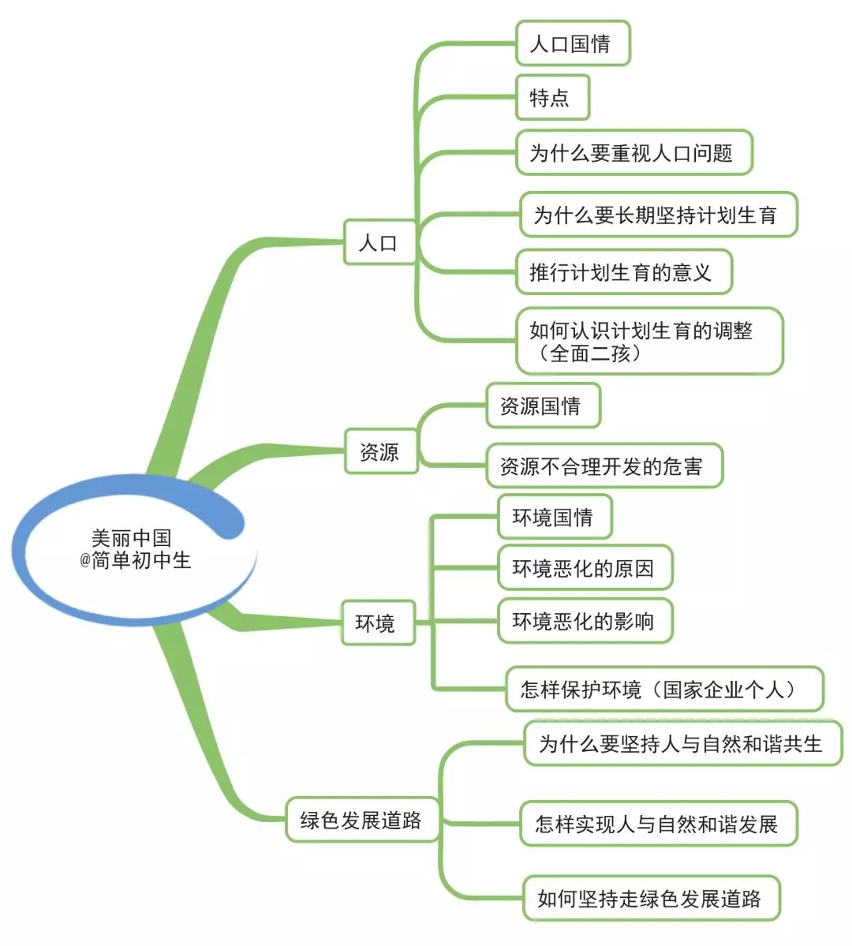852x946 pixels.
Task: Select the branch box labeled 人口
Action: [x=379, y=242]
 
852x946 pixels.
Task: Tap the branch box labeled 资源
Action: [x=380, y=451]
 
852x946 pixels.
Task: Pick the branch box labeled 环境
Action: [x=377, y=623]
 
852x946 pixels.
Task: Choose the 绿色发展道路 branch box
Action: [x=361, y=820]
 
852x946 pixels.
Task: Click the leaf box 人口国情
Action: [x=572, y=43]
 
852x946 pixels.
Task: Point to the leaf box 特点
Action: [x=551, y=98]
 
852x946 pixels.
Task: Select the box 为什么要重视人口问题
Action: [x=633, y=152]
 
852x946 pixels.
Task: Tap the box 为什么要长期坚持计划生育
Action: [x=657, y=215]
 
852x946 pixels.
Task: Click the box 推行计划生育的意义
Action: [x=622, y=272]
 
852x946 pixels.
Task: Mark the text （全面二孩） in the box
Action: [x=591, y=353]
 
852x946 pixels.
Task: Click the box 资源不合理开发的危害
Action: [x=603, y=466]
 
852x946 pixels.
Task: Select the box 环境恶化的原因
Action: [x=585, y=568]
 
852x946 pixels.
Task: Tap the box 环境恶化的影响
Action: [x=585, y=621]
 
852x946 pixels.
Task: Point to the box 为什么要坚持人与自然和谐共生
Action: [x=682, y=743]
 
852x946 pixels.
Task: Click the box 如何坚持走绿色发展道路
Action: [x=651, y=898]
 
